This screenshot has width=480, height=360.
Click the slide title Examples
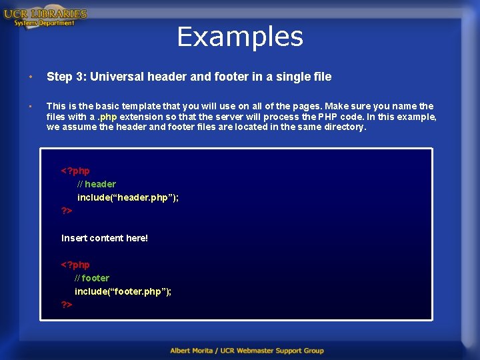tap(240, 37)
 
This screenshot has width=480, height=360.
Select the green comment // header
tap(97, 184)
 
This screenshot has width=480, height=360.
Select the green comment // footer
tap(92, 278)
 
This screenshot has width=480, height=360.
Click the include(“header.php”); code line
tap(128, 197)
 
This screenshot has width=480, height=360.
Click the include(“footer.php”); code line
tap(123, 291)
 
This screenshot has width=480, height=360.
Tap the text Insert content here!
tap(105, 238)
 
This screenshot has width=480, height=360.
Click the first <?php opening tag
tap(75, 171)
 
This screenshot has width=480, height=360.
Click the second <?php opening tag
tap(75, 265)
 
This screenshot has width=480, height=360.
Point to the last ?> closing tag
tap(67, 305)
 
